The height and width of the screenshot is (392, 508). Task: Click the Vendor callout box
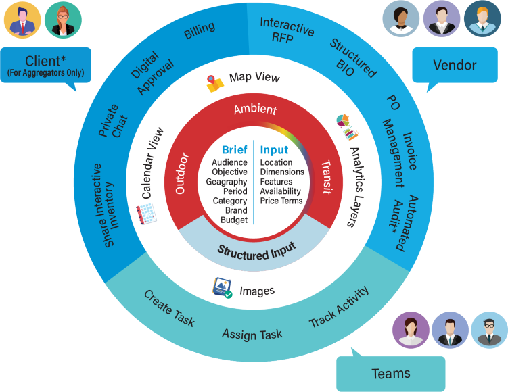coord(455,66)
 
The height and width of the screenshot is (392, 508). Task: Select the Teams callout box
coord(390,373)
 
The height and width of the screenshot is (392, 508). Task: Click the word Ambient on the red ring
coord(255,109)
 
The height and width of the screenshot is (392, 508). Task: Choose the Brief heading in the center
coord(234,150)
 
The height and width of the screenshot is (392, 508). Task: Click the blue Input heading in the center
coord(274,150)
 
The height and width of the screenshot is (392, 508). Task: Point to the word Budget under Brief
coord(234,220)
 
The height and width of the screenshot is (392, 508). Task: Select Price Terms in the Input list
coord(281,201)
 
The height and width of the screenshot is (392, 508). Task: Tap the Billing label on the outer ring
coord(200,30)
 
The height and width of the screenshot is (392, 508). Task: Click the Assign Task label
coord(252,335)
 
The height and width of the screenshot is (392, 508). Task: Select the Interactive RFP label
coord(286,30)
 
